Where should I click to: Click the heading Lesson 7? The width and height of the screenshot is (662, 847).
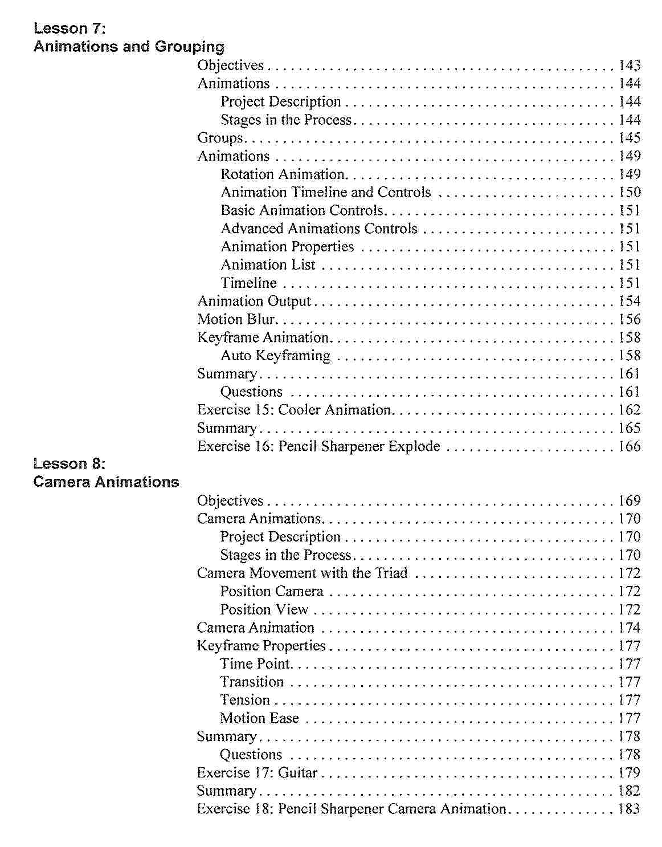(70, 28)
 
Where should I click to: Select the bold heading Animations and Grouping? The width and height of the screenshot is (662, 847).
(129, 47)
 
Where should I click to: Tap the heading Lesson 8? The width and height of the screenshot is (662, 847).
(70, 463)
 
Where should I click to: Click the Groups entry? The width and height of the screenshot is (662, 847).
(220, 138)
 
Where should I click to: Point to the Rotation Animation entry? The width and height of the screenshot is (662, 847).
(283, 174)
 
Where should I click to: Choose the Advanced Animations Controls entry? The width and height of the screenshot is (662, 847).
(319, 229)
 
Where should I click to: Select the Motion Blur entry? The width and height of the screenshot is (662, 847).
(236, 319)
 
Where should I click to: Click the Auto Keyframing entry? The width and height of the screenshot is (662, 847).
(275, 356)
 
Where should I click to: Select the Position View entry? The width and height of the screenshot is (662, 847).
(264, 609)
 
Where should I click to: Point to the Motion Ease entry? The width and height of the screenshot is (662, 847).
(259, 718)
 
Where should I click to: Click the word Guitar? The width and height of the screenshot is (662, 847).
(297, 773)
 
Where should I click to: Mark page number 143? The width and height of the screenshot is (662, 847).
(630, 66)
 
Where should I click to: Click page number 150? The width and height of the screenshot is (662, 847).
(630, 192)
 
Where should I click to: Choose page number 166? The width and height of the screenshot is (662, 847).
(630, 446)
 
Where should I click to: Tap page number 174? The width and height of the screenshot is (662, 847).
(630, 628)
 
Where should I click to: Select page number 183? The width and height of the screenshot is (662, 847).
(629, 809)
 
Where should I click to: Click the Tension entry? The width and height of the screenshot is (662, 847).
(245, 700)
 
